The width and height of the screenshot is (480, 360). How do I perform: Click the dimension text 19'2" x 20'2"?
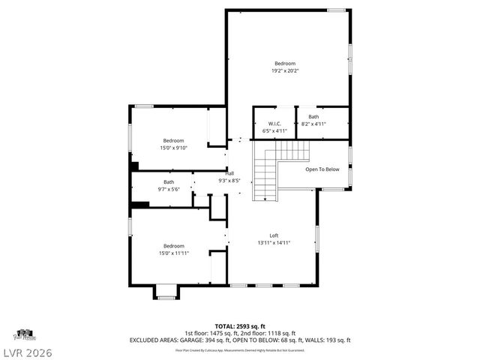coord(284,71)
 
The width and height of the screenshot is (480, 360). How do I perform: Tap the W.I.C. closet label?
coord(274,123)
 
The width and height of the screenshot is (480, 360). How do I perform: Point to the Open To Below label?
coord(322,169)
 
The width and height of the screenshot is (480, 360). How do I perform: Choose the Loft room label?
coord(274,235)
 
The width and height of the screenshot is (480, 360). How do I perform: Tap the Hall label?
coord(229,173)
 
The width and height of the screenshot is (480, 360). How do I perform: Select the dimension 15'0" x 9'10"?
coord(173,148)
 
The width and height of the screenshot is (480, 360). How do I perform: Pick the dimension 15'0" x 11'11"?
coord(173,253)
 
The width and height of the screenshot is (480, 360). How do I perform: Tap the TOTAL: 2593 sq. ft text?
coord(240,326)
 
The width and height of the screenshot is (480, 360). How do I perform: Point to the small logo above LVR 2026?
coord(24,333)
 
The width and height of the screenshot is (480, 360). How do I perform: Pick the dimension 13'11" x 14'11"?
coord(274,242)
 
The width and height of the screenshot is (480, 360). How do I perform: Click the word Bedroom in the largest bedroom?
coord(284,64)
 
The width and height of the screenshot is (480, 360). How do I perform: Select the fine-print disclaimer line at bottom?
coord(240,349)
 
